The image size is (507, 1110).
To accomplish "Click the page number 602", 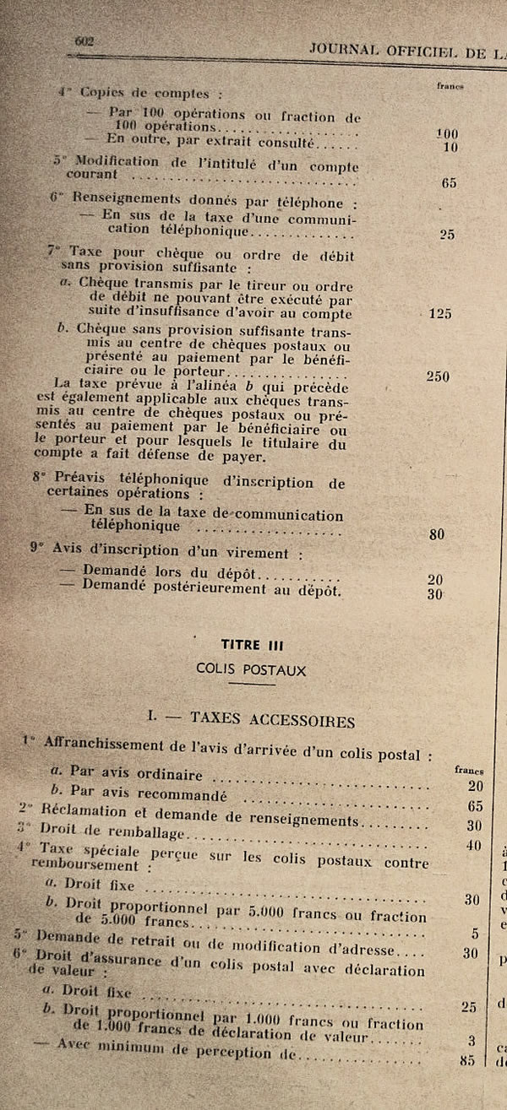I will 84,41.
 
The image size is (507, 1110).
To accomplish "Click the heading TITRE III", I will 252,646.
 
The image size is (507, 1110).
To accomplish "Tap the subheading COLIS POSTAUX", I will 251,670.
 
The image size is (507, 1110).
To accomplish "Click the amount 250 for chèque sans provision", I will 438,376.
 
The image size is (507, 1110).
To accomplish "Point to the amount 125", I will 440,314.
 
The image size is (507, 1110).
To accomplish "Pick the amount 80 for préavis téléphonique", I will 437,533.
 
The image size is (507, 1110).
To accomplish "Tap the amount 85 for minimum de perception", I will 467,1061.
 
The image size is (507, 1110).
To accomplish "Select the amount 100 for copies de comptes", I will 446,133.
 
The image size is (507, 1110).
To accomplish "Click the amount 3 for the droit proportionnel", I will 472,1041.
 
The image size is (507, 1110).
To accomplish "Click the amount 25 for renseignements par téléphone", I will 447,235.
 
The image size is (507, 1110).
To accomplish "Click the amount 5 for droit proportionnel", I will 475,934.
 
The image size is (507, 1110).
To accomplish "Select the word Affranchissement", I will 93,745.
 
